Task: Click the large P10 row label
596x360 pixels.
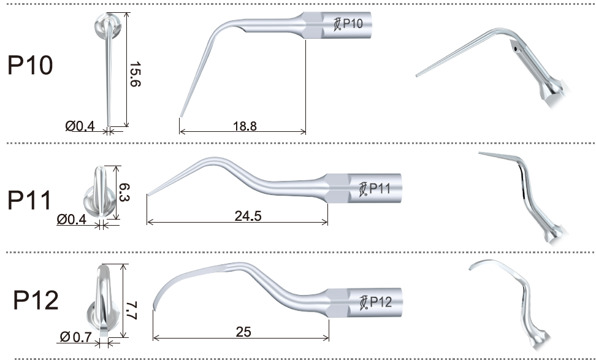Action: pyautogui.click(x=30, y=65)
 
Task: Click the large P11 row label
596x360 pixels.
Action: pyautogui.click(x=29, y=200)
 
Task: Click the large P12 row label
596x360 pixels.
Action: pyautogui.click(x=36, y=300)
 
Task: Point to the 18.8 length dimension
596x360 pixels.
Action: pyautogui.click(x=245, y=126)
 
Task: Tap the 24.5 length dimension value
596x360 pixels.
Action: pyautogui.click(x=248, y=216)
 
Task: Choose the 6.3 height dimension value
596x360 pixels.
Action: pyautogui.click(x=124, y=193)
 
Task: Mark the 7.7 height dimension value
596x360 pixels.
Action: pyautogui.click(x=131, y=310)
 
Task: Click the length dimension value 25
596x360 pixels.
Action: pyautogui.click(x=243, y=332)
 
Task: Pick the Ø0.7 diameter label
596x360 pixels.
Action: pyautogui.click(x=76, y=337)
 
